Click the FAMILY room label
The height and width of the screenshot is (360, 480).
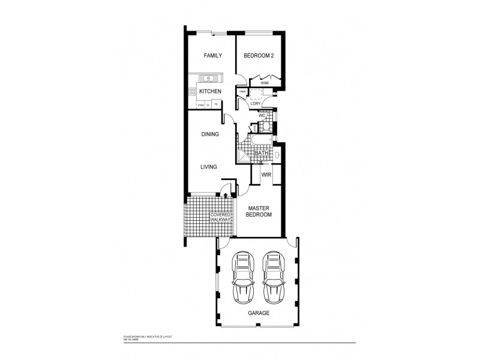[x=212, y=56]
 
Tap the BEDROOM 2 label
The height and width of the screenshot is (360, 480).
[x=258, y=56]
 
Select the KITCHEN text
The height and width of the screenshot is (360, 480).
[x=211, y=91]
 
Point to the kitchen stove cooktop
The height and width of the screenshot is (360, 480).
[x=193, y=92]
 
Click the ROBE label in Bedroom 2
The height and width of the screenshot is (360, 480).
[x=265, y=83]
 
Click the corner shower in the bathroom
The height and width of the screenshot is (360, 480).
[x=245, y=155]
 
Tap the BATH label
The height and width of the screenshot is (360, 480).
[x=262, y=154]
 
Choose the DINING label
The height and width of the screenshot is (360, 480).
[x=209, y=134]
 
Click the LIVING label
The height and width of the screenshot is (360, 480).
[x=209, y=167]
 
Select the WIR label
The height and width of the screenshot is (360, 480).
[x=266, y=175]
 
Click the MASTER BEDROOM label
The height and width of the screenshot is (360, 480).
[x=260, y=211]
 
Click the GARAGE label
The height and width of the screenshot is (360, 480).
[x=258, y=314]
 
